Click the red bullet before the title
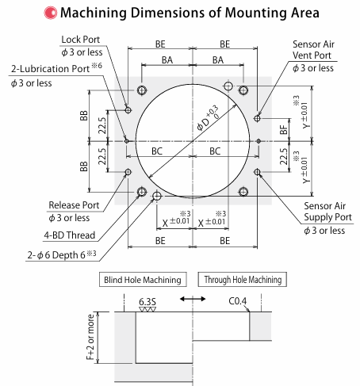tap(50, 13)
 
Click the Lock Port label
tap(81, 40)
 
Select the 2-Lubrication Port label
tap(50, 69)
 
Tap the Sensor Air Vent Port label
tap(313, 50)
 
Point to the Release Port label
tap(74, 205)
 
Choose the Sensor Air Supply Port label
tap(327, 212)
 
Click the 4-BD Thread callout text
tap(70, 235)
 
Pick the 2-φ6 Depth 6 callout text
tap(62, 255)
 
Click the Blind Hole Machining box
tap(143, 280)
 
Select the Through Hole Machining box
tap(243, 280)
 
